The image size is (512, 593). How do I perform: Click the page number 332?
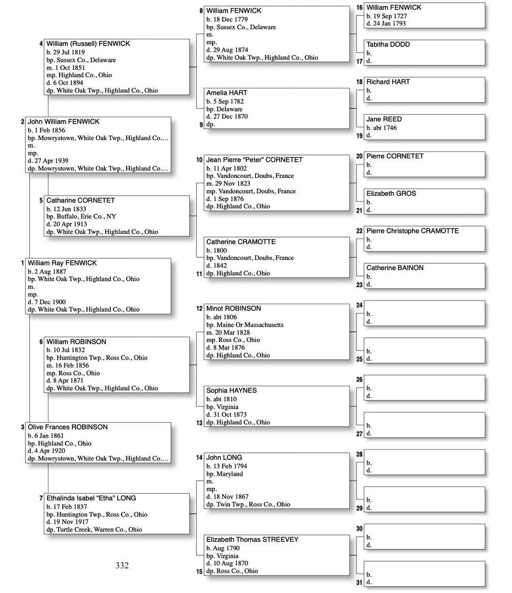pos(122,565)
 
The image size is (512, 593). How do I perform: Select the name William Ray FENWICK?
pos(62,263)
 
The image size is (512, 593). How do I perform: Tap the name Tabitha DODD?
pos(388,45)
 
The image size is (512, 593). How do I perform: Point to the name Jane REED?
pos(384,119)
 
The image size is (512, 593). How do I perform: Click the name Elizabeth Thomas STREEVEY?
pos(252,540)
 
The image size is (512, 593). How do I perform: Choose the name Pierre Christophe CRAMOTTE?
pos(412,231)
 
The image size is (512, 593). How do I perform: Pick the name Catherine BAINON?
pos(395,268)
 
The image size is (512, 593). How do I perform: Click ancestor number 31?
pos(360,583)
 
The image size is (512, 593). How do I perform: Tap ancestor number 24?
pos(360,305)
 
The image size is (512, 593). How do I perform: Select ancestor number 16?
pos(360,7)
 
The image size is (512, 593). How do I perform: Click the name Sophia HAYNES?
pos(231,391)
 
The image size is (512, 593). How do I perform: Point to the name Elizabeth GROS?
pos(391,194)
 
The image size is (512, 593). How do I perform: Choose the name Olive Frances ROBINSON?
pos(68,427)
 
